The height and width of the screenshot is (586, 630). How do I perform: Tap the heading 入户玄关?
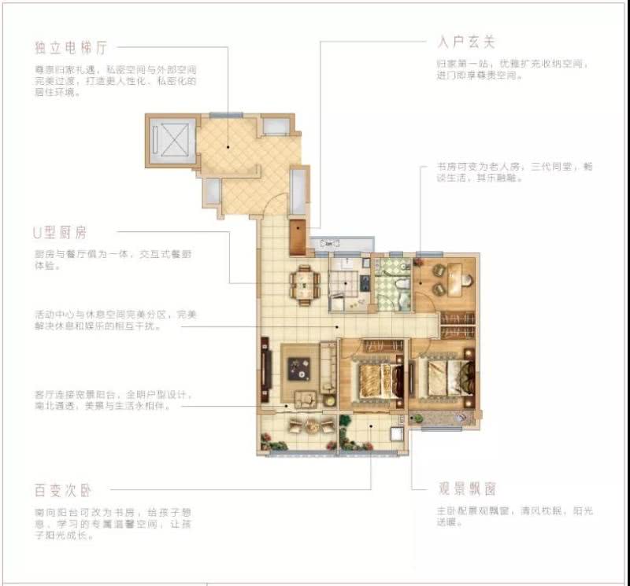tap(465, 41)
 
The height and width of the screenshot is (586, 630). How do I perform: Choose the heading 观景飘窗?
tap(467, 489)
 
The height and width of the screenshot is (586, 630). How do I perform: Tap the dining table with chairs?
tap(304, 284)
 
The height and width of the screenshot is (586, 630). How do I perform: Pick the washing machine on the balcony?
tap(397, 433)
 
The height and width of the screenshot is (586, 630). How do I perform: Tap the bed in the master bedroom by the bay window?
tap(446, 378)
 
